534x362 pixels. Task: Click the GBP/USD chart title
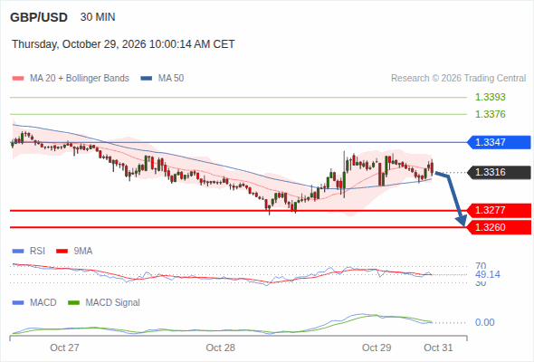[x=39, y=17]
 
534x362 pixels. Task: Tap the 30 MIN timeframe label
[x=98, y=17]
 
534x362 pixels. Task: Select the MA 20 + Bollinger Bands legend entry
[x=71, y=79]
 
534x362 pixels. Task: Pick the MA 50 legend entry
[x=162, y=79]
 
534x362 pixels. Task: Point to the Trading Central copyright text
[x=458, y=79]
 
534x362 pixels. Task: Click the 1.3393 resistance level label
[x=490, y=97]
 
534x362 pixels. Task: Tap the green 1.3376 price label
[x=490, y=114]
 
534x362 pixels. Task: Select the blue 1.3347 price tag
[x=499, y=142]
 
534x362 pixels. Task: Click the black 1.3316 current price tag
[x=499, y=172]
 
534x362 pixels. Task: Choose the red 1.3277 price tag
[x=499, y=210]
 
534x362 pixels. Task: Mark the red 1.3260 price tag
[x=499, y=227]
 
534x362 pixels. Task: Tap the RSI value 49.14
[x=488, y=274]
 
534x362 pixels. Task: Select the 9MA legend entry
[x=74, y=252]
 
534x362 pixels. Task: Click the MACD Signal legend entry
[x=104, y=303]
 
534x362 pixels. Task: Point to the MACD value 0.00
[x=484, y=322]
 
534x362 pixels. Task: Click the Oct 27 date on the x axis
[x=64, y=348]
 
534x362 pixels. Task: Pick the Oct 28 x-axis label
[x=220, y=348]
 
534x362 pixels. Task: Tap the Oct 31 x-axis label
[x=438, y=348]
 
